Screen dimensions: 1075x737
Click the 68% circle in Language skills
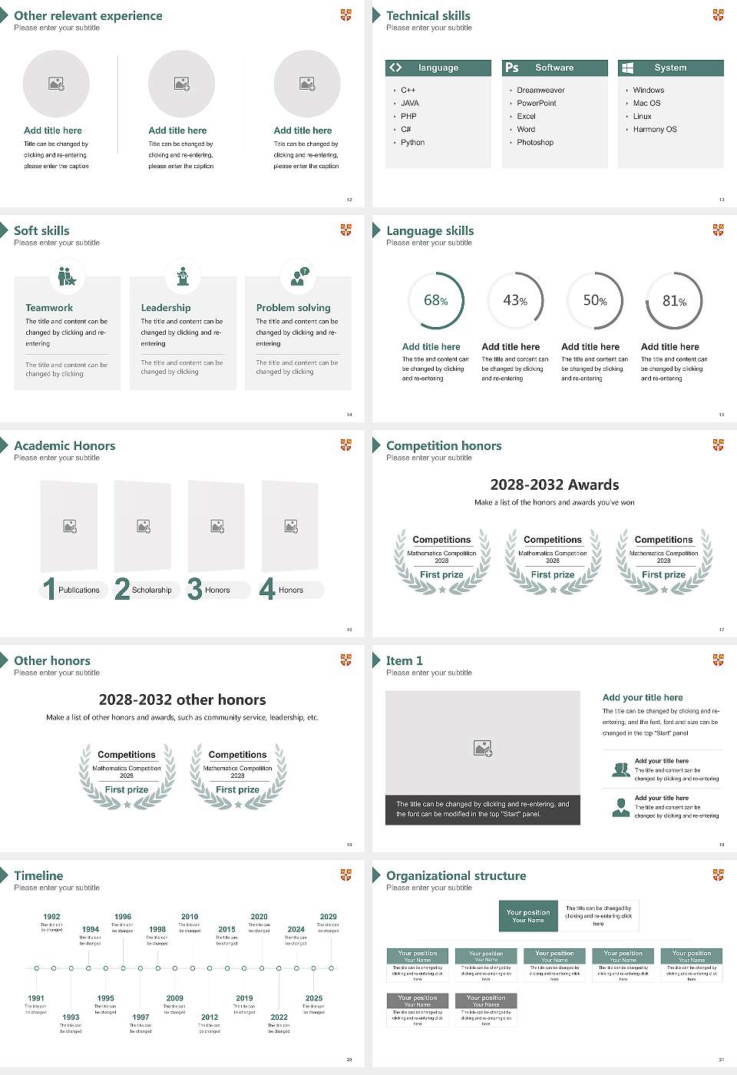click(x=435, y=300)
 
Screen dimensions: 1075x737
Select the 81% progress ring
click(x=673, y=300)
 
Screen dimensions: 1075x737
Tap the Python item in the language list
click(x=412, y=143)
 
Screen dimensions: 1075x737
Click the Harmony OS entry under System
click(x=655, y=130)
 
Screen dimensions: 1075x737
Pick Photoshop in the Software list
click(x=535, y=143)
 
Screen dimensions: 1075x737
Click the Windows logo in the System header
click(x=627, y=68)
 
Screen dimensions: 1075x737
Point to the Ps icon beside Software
click(x=512, y=68)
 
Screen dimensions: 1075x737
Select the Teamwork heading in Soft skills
click(x=49, y=307)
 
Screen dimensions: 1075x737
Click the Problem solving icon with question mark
click(x=299, y=276)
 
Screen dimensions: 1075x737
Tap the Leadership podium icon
click(x=183, y=276)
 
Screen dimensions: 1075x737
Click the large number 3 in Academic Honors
click(x=195, y=589)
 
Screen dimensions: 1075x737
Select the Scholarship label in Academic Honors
click(x=151, y=590)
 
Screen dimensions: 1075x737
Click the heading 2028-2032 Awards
click(x=554, y=485)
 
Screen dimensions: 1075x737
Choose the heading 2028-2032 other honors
click(x=182, y=700)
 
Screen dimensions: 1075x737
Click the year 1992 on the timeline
click(x=51, y=917)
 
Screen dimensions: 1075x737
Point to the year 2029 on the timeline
click(x=328, y=917)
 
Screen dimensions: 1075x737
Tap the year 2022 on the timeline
click(x=279, y=1017)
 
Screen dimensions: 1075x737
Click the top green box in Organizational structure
click(x=528, y=916)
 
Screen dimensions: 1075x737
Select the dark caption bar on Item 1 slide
click(x=482, y=809)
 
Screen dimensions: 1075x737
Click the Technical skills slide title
click(x=428, y=15)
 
